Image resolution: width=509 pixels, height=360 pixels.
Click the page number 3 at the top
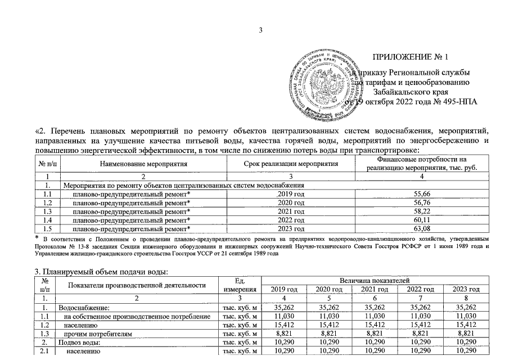pyautogui.click(x=260, y=30)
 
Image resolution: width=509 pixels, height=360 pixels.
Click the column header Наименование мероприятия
pyautogui.click(x=143, y=164)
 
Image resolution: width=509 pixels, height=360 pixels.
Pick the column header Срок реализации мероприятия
pyautogui.click(x=291, y=164)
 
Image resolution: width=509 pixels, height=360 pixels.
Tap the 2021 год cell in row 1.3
pyautogui.click(x=291, y=211)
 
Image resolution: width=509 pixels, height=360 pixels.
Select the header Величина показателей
pyautogui.click(x=374, y=280)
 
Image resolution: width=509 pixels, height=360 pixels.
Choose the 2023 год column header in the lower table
pyautogui.click(x=466, y=289)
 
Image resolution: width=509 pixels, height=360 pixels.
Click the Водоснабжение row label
pyautogui.click(x=84, y=307)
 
